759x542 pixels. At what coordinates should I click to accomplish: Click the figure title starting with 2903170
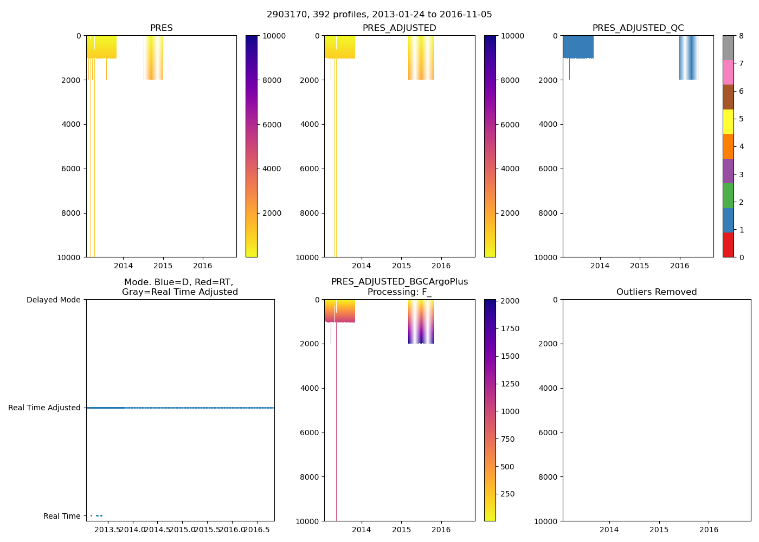pyautogui.click(x=379, y=15)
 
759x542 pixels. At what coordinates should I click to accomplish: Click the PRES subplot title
pyautogui.click(x=161, y=28)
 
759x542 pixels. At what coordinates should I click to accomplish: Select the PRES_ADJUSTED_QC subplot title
pyautogui.click(x=638, y=28)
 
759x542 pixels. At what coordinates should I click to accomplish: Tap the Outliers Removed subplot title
pyautogui.click(x=656, y=292)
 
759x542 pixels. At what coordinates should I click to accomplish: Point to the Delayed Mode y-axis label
pyautogui.click(x=53, y=300)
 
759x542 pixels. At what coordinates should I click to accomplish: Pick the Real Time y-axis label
pyautogui.click(x=62, y=516)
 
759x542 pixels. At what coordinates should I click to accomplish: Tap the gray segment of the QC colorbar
pyautogui.click(x=728, y=48)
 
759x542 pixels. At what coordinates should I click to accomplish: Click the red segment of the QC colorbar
pyautogui.click(x=728, y=245)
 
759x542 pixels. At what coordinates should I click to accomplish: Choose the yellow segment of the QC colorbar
pyautogui.click(x=728, y=121)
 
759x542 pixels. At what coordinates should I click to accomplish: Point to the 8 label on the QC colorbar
pyautogui.click(x=741, y=36)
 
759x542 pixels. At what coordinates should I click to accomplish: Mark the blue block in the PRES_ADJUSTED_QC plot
pyautogui.click(x=578, y=47)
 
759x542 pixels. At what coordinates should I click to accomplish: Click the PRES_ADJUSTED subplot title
pyautogui.click(x=399, y=28)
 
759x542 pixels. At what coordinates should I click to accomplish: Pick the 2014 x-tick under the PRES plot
pyautogui.click(x=123, y=266)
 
